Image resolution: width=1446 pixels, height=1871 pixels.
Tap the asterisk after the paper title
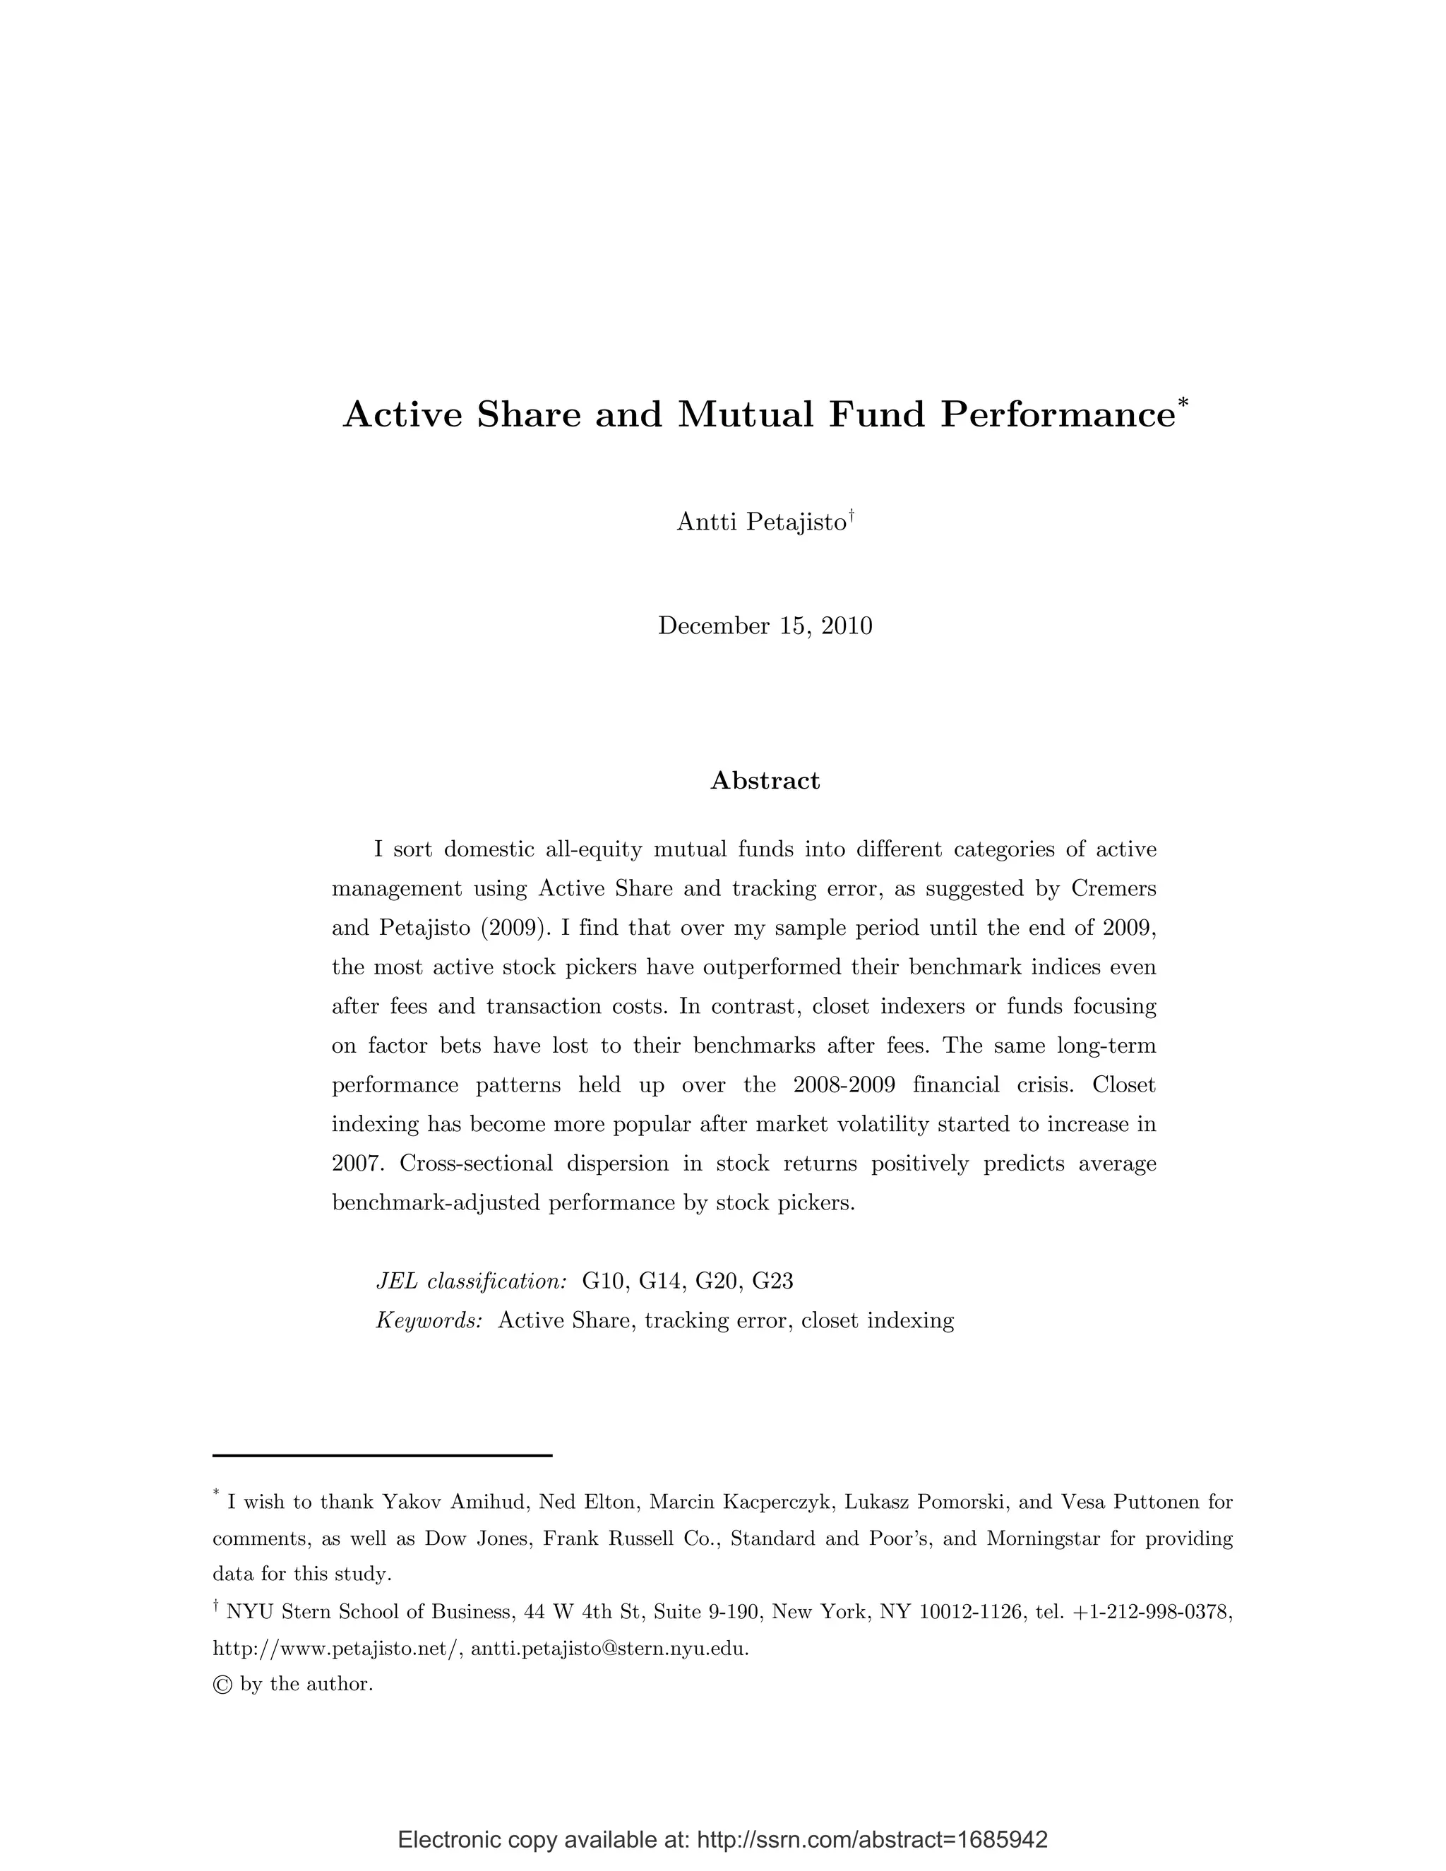tap(1183, 402)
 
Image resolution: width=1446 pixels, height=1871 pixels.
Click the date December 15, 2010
tap(765, 626)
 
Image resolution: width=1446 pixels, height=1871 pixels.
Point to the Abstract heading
tap(765, 780)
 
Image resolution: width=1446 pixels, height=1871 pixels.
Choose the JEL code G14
tap(659, 1281)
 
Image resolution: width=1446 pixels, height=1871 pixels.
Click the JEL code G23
tap(772, 1281)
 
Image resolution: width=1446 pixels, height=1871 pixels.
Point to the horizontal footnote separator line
tap(382, 1456)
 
